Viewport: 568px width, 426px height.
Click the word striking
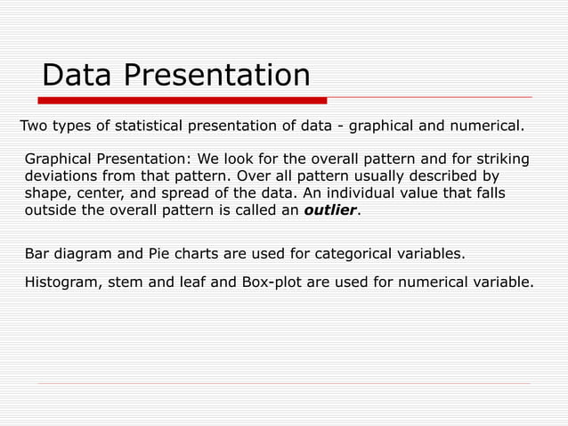500,160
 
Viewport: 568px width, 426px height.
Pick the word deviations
61,176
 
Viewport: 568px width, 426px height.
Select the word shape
46,194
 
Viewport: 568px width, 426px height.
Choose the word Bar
37,254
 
